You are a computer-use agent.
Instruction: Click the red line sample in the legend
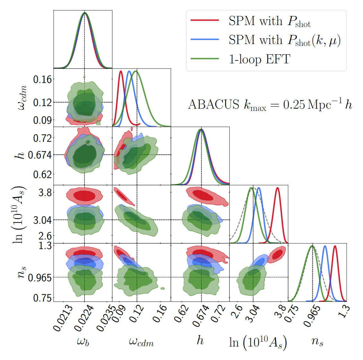point(205,20)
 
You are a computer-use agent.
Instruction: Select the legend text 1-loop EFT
point(259,59)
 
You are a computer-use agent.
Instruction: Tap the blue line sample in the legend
point(205,40)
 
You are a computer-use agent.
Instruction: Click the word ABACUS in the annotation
point(213,104)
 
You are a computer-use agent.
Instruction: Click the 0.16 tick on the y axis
point(42,79)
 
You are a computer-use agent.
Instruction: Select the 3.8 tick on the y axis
point(45,193)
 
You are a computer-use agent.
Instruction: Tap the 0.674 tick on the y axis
point(40,155)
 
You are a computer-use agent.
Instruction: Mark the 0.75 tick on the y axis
point(42,298)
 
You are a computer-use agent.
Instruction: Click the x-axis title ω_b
point(83,342)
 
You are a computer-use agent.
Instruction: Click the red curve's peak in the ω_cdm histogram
point(121,71)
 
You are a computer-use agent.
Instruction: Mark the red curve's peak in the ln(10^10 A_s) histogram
point(277,188)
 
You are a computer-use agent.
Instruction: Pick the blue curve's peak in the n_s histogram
point(325,246)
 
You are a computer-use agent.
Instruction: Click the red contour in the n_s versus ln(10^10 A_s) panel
point(277,255)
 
